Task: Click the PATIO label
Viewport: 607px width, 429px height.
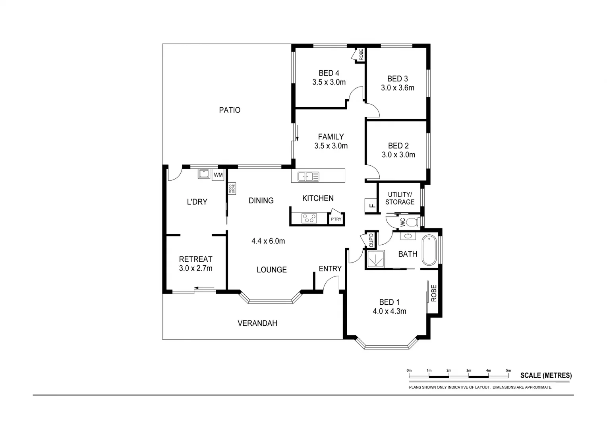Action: pos(230,110)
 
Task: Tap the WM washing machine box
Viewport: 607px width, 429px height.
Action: pos(218,175)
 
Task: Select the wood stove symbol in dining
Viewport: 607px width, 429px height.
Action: pos(232,188)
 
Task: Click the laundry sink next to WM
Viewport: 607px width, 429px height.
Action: pos(204,174)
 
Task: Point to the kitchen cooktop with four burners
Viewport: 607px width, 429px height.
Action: pos(309,218)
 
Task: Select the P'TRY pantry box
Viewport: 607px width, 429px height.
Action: pos(336,219)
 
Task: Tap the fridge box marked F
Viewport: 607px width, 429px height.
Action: pos(371,205)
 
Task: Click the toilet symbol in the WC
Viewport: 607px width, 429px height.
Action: pos(413,221)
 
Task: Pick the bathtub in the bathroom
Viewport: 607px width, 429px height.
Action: pos(429,250)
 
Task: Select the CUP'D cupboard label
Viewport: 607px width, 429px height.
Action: pos(371,240)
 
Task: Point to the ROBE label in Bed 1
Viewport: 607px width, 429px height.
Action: pos(434,293)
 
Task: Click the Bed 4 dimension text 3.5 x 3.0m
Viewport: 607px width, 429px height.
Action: pos(329,82)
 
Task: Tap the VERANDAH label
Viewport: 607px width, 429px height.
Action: pos(257,323)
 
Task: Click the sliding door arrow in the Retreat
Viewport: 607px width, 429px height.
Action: pos(204,288)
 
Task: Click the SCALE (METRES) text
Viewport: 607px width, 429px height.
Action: pos(546,375)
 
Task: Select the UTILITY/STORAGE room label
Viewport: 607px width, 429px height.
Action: pos(400,198)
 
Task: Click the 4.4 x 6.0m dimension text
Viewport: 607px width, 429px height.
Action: pos(268,241)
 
